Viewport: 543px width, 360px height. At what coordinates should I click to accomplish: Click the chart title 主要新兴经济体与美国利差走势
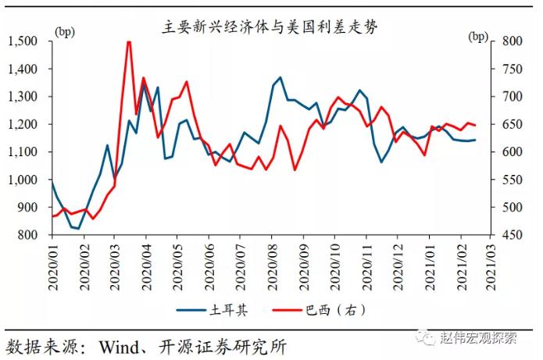click(x=270, y=25)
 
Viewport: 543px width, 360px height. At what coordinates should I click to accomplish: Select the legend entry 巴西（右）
click(x=332, y=310)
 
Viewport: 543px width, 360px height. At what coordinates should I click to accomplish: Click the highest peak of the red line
click(x=129, y=41)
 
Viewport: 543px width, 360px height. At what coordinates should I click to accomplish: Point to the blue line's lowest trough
click(x=79, y=228)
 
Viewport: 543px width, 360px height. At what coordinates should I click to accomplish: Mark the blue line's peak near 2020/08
click(x=280, y=77)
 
